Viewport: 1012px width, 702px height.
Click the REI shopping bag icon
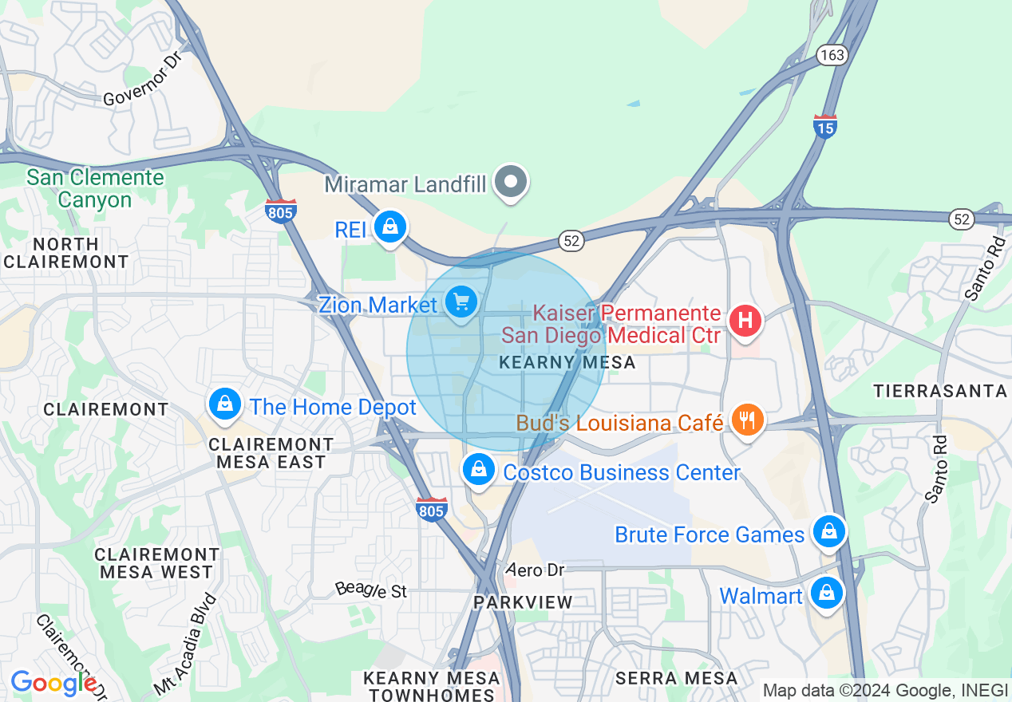click(x=389, y=227)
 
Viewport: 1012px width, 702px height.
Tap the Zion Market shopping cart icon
click(x=461, y=302)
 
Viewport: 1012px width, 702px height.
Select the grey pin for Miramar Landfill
click(x=511, y=182)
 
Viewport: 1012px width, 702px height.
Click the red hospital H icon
click(x=745, y=321)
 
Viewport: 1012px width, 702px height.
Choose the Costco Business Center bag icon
click(x=479, y=470)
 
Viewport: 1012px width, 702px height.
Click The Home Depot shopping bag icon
click(x=226, y=404)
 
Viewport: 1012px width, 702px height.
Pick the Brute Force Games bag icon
click(x=828, y=530)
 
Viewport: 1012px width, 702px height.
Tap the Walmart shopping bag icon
click(x=827, y=594)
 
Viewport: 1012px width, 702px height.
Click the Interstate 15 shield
click(x=825, y=126)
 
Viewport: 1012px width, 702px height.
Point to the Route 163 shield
click(x=831, y=54)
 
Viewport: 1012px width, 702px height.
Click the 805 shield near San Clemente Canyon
click(x=281, y=211)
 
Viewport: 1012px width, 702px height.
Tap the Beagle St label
click(x=371, y=590)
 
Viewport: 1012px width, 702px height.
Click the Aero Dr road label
click(x=536, y=570)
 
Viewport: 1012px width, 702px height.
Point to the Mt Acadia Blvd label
click(x=184, y=644)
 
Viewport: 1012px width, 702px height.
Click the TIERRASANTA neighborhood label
click(x=940, y=391)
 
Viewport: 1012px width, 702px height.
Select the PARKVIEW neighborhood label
click(x=524, y=601)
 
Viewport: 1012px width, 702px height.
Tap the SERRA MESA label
click(x=677, y=678)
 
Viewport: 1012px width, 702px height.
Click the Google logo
click(x=54, y=682)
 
